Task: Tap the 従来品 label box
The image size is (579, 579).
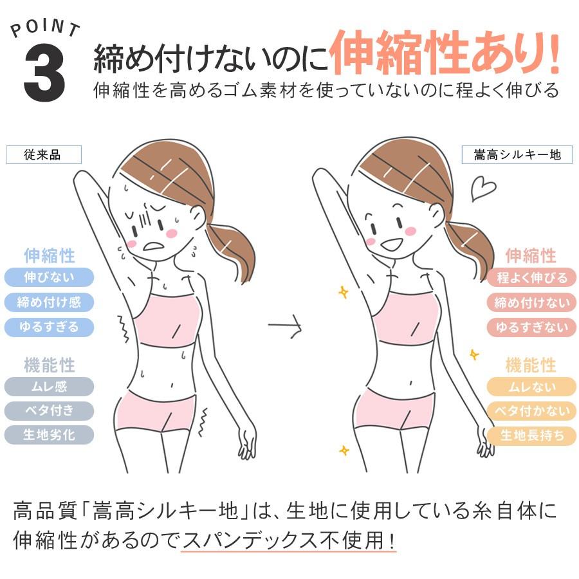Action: click(x=44, y=155)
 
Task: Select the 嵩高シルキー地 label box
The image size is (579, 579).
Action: click(x=517, y=155)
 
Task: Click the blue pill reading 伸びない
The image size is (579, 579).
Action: click(x=49, y=278)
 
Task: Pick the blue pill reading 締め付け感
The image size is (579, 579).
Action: click(x=49, y=302)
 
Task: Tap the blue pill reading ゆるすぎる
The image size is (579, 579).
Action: click(x=49, y=327)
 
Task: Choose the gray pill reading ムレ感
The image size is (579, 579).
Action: click(x=49, y=387)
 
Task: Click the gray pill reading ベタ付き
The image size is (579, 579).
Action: click(x=49, y=410)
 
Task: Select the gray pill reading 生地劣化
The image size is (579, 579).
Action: click(x=49, y=435)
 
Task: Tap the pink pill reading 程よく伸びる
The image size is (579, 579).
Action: click(x=531, y=278)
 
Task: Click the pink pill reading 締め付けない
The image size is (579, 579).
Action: click(x=531, y=302)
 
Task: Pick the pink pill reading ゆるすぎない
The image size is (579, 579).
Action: click(x=531, y=327)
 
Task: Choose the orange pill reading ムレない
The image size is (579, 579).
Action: click(x=531, y=387)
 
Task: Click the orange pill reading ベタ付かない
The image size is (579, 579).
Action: click(x=531, y=411)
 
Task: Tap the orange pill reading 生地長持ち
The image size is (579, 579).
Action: click(x=531, y=436)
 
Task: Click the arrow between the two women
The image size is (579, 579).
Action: click(x=285, y=326)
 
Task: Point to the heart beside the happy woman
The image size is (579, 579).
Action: click(x=482, y=188)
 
